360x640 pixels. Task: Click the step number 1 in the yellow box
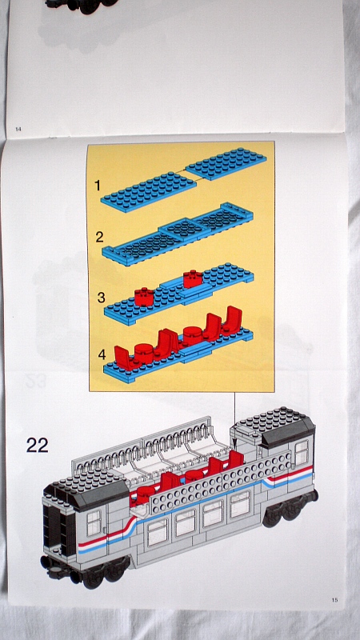[98, 186]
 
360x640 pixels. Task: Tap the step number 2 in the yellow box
[99, 237]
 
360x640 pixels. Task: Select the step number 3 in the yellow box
[100, 297]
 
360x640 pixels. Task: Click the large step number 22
[37, 445]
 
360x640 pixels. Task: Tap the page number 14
[18, 129]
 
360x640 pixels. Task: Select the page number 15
[334, 599]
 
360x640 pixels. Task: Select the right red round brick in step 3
[193, 279]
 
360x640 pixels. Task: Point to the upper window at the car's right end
[301, 454]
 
